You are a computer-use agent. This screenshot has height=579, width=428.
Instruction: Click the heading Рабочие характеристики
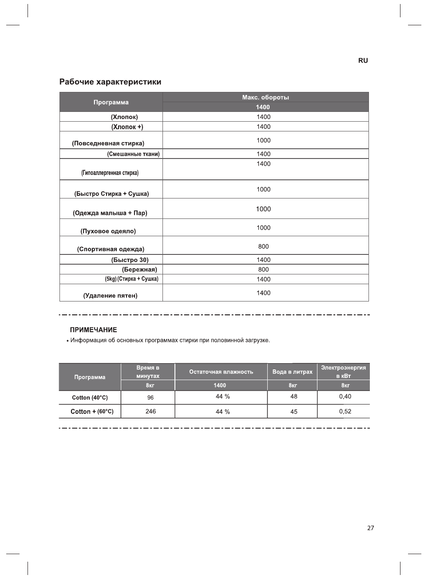tap(110, 82)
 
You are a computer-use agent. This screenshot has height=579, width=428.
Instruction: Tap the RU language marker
tap(363, 60)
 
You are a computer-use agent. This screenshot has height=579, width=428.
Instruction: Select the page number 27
tap(371, 528)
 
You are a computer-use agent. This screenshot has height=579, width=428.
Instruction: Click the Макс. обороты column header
tap(266, 97)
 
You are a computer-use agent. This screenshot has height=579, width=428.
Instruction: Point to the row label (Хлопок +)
tap(127, 127)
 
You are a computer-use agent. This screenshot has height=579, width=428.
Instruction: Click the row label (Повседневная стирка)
tap(108, 143)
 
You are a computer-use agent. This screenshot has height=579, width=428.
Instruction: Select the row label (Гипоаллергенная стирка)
tap(110, 173)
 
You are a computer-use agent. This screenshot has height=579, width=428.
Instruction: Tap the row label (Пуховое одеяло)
tap(108, 231)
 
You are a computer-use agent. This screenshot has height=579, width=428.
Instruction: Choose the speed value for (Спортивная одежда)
tap(263, 246)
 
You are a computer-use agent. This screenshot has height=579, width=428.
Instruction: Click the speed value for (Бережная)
tap(263, 270)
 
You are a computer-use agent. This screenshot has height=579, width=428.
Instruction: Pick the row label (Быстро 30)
tap(130, 260)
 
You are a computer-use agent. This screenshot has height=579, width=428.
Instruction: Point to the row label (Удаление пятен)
tap(110, 296)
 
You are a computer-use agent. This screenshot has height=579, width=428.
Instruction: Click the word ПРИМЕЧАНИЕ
tap(94, 330)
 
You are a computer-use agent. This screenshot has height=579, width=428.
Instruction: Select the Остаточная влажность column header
tap(221, 372)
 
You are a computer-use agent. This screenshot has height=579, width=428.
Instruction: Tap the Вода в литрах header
tap(292, 372)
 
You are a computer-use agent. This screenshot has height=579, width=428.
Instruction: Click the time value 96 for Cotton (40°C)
tap(151, 398)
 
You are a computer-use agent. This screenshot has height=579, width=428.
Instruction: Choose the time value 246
tap(151, 412)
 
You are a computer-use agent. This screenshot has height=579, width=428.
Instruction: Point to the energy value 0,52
tap(345, 412)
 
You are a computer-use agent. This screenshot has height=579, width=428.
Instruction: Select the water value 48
tap(293, 397)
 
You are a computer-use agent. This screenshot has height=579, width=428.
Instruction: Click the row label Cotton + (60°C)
tap(92, 412)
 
